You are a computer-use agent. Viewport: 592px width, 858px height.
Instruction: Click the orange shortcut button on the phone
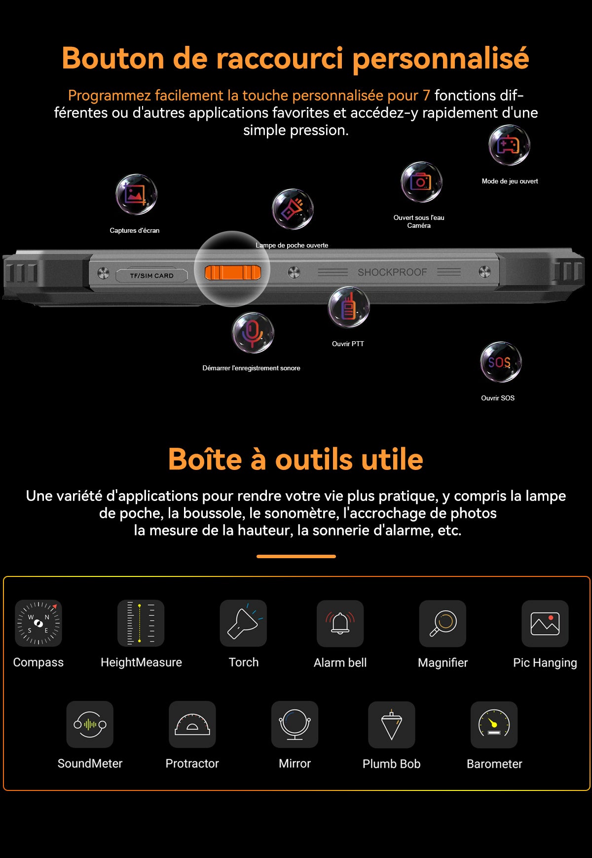click(x=232, y=272)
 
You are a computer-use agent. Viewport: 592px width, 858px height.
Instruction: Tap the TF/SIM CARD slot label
click(x=151, y=276)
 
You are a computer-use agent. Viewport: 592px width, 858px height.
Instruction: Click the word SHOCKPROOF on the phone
click(x=392, y=272)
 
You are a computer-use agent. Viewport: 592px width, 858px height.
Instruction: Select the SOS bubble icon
click(x=501, y=362)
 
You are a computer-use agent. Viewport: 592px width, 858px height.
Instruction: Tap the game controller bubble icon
click(x=509, y=145)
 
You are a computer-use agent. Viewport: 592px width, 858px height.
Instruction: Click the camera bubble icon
click(x=421, y=182)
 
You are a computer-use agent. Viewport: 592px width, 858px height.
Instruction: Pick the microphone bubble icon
click(x=253, y=333)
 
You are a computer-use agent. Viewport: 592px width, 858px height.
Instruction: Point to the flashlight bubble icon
click(x=293, y=209)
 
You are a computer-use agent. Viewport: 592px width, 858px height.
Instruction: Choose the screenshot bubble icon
click(x=136, y=194)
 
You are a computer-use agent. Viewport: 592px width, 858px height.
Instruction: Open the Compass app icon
click(x=38, y=623)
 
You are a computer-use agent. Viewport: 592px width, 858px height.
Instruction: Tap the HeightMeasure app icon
click(x=141, y=623)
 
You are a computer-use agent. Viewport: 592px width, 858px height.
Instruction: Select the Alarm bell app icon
click(x=340, y=623)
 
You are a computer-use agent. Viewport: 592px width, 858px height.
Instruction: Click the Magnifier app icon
click(x=443, y=623)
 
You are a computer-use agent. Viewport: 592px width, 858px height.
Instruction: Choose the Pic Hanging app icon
click(x=545, y=623)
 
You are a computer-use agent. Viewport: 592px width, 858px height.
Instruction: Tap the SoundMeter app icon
click(x=90, y=724)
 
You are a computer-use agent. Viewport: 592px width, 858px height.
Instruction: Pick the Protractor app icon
click(x=192, y=724)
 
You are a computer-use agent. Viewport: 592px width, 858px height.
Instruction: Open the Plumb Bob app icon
click(x=391, y=724)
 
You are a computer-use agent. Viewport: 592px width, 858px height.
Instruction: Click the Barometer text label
click(x=494, y=764)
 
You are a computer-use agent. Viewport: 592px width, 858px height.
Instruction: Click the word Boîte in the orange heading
click(x=205, y=460)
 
